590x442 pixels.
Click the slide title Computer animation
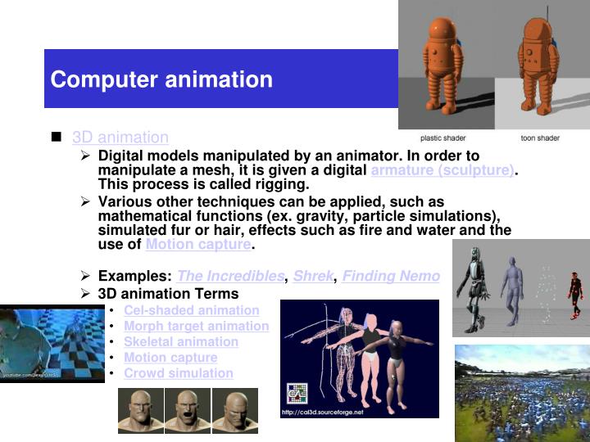coord(161,79)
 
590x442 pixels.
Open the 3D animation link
coord(120,138)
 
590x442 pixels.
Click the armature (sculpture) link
coord(442,170)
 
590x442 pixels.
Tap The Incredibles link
coord(230,276)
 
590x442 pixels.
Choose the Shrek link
coord(313,276)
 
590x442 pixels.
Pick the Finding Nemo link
coord(391,276)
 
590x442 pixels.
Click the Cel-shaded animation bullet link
coord(191,310)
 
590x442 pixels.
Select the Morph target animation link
coord(196,326)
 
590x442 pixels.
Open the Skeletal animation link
coord(181,341)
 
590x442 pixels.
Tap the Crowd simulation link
coord(178,372)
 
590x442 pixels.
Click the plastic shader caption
coord(442,138)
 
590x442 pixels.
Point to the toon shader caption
coord(540,138)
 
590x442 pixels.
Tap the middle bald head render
coord(188,409)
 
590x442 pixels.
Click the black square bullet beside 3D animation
coord(57,137)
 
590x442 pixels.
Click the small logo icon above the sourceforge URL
coord(296,393)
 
